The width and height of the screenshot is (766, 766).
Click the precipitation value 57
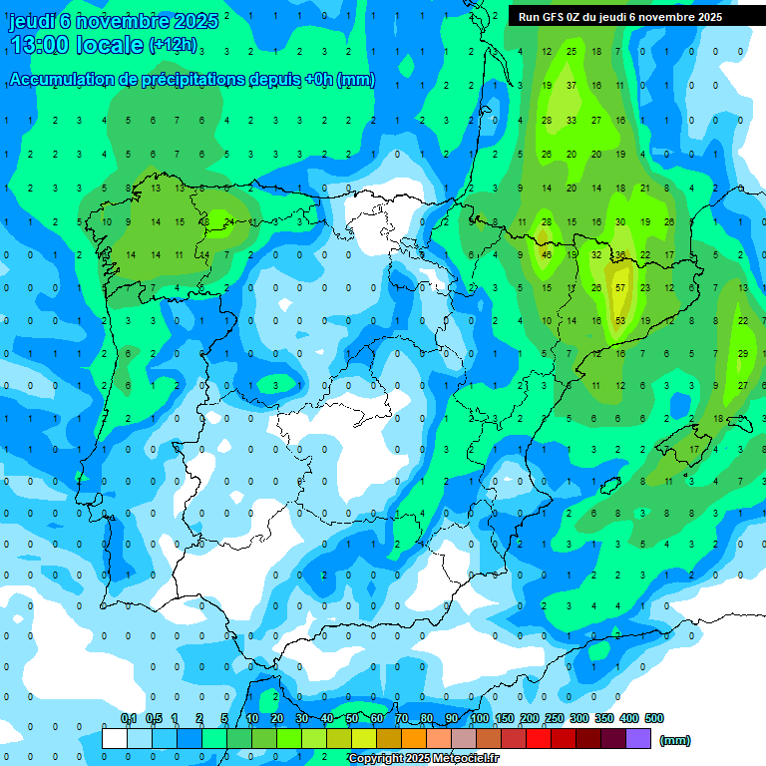[620, 287]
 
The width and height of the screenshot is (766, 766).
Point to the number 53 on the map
[620, 320]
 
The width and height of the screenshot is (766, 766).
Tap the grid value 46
[547, 254]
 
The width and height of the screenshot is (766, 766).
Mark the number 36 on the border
[620, 254]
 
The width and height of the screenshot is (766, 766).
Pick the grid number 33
[572, 120]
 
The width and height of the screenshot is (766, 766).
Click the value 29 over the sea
[743, 353]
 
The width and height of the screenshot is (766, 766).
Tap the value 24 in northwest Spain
[229, 221]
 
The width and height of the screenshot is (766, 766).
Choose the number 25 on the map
[572, 51]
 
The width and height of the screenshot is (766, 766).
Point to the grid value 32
[596, 254]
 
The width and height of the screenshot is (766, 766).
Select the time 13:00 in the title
[43, 45]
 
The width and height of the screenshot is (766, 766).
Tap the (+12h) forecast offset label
[173, 45]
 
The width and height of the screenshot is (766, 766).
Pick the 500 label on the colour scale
[653, 718]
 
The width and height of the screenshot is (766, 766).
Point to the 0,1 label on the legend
[129, 718]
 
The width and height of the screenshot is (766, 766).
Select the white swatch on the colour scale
[115, 738]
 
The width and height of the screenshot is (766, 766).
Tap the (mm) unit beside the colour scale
[675, 740]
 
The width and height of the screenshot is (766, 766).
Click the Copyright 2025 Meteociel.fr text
[423, 759]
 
